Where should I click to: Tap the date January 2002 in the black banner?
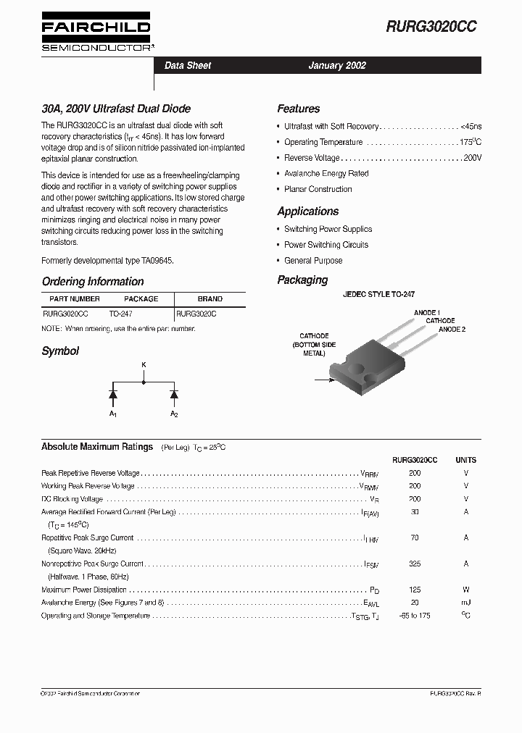click(x=337, y=65)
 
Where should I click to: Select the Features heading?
click(x=298, y=109)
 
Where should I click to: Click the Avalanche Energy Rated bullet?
click(x=326, y=174)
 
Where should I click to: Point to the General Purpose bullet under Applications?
click(x=313, y=261)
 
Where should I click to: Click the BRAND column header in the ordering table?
click(x=210, y=298)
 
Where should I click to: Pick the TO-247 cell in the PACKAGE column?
click(x=121, y=314)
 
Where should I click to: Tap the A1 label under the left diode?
click(x=112, y=414)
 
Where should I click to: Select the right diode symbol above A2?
click(x=174, y=394)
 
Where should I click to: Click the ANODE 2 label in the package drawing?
click(x=452, y=330)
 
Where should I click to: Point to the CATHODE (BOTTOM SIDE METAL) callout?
click(x=314, y=345)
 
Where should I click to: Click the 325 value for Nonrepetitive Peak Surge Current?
click(x=415, y=564)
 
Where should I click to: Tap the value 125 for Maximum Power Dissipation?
click(x=415, y=590)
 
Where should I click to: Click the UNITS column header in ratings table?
click(x=465, y=460)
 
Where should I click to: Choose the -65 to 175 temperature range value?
click(x=415, y=616)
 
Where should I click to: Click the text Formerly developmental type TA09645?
click(x=108, y=260)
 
